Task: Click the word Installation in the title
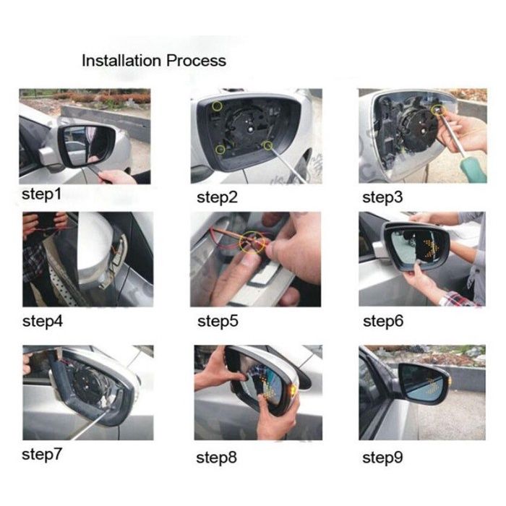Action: (121, 61)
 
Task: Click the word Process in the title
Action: (196, 61)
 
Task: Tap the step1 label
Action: (41, 195)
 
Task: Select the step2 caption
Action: (217, 197)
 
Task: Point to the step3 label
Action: (382, 197)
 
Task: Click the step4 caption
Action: (43, 322)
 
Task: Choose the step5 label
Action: (218, 322)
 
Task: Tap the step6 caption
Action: (383, 322)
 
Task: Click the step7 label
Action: (42, 455)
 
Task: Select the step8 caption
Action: (217, 458)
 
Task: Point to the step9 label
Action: (382, 458)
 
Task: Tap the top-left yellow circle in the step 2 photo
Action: (217, 106)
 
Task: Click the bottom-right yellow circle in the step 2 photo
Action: (267, 146)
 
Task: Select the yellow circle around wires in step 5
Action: (252, 242)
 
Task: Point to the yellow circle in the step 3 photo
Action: (438, 111)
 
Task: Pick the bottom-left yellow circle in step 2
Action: (220, 150)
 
